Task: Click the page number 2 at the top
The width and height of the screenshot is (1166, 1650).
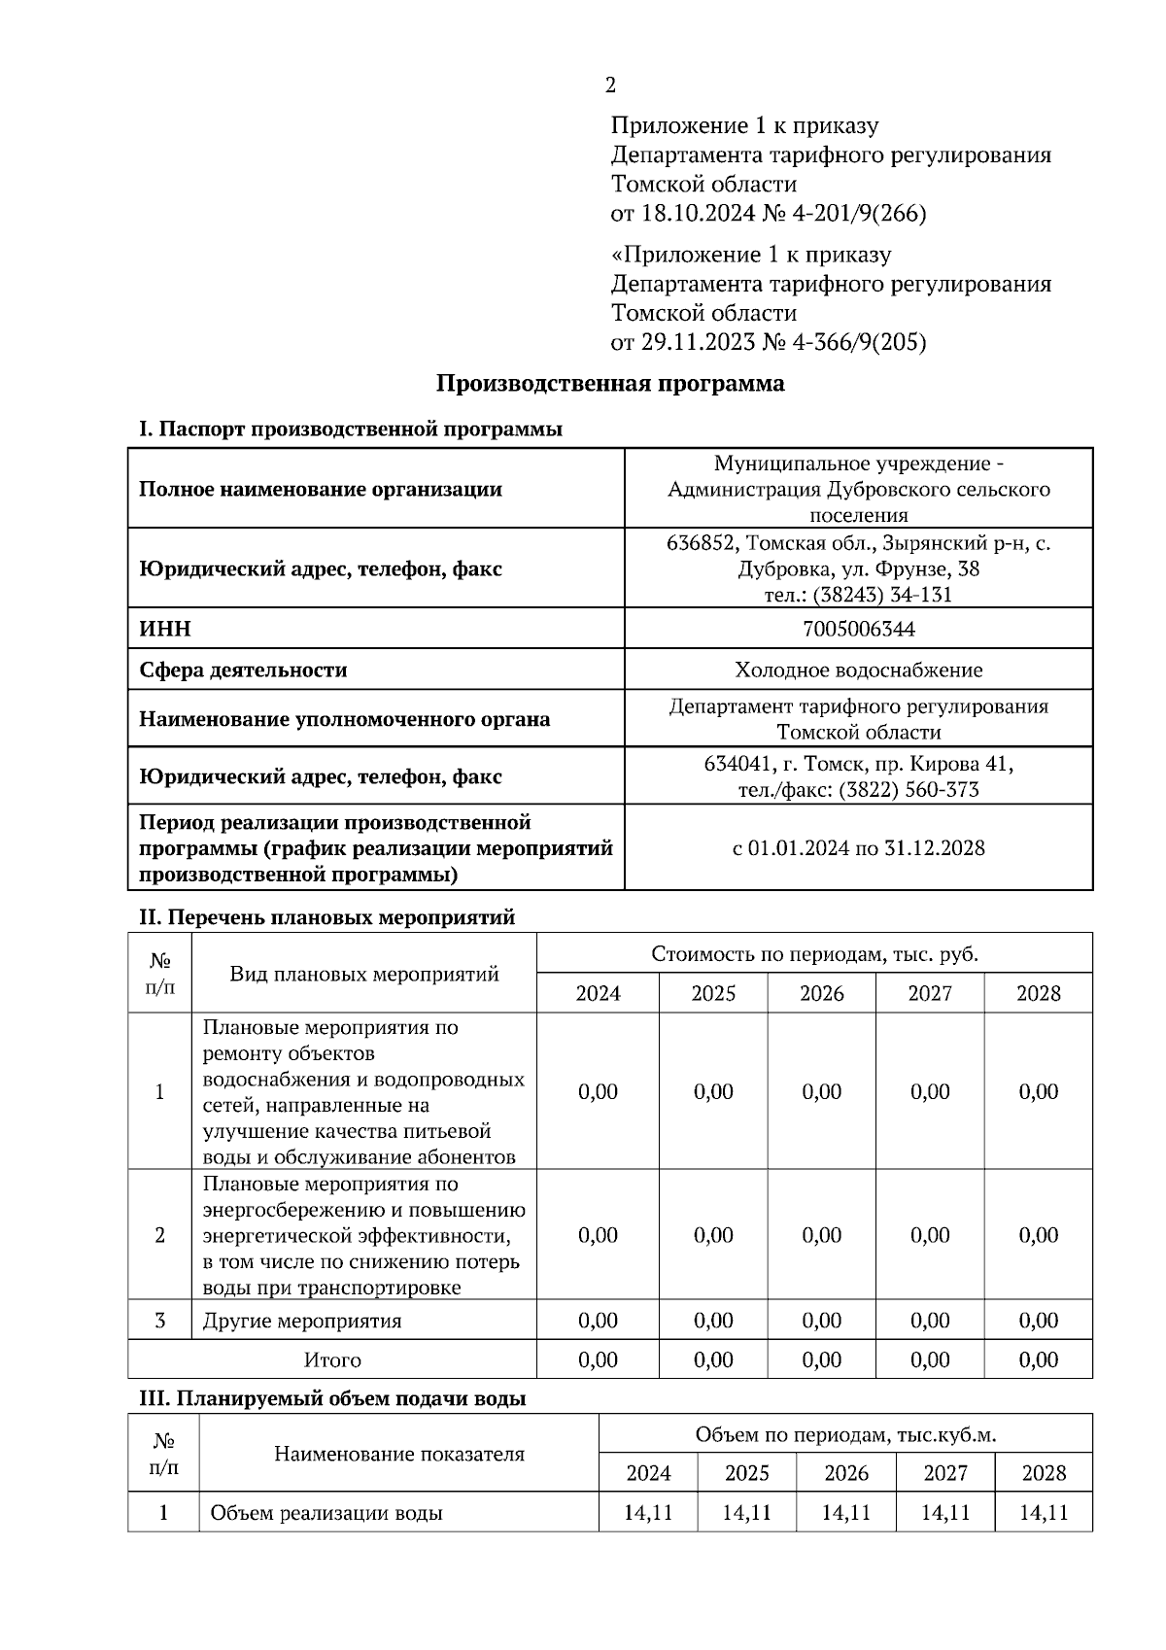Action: click(610, 86)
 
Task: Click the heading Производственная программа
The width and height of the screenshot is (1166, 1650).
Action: click(609, 384)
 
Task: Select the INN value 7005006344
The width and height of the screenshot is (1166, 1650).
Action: click(858, 629)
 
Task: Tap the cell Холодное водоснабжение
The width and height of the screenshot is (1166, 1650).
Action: click(858, 670)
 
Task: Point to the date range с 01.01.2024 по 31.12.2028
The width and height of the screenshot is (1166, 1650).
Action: click(858, 848)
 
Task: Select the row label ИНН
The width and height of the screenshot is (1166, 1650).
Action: click(165, 629)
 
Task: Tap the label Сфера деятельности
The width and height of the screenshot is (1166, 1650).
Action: click(243, 670)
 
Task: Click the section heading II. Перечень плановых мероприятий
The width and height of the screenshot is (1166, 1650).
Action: click(327, 916)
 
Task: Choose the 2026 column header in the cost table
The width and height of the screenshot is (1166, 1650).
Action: click(822, 993)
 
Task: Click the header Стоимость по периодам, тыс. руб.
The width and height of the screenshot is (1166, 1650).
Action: click(814, 953)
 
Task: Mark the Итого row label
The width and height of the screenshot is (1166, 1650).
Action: click(332, 1359)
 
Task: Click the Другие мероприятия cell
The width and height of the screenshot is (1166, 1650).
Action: click(301, 1321)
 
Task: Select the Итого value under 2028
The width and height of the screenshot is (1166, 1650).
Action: click(1038, 1359)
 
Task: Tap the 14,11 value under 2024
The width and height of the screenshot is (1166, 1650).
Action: click(648, 1513)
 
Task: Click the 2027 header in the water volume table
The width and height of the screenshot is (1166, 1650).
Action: click(944, 1473)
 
